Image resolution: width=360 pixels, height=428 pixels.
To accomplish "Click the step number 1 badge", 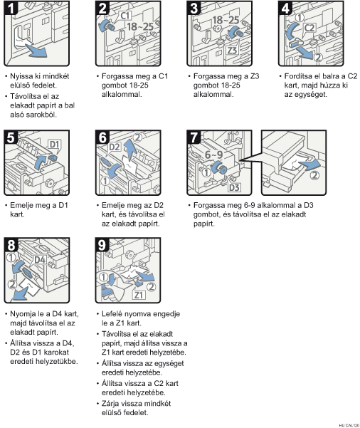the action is coord(11,8).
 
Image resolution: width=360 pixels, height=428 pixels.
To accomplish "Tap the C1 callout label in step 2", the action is coord(125,16).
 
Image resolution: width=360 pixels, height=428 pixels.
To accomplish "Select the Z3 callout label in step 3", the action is coord(232,51).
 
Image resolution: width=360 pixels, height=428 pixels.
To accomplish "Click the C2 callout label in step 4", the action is coord(309,28).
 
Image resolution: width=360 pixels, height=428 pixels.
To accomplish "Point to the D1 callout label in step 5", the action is coord(54,144).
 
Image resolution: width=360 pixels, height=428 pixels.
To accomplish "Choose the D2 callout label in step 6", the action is coord(115,147).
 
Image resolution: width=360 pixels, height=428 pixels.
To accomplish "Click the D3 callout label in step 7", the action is coord(234,187).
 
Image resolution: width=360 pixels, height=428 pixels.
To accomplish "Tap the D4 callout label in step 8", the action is coord(40,259).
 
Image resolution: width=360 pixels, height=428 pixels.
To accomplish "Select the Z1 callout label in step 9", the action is coord(139,295).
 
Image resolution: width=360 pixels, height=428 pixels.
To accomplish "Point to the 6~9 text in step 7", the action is coord(214,155).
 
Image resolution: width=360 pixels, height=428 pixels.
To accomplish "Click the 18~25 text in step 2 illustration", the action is coord(140,26).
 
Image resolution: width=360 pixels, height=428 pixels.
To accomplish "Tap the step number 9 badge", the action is coord(102,244).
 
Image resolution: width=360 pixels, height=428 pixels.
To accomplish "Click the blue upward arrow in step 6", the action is coord(130,149).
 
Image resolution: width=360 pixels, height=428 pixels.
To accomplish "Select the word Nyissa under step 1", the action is coord(19,76).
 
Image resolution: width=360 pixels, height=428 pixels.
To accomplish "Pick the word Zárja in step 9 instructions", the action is coord(110,403).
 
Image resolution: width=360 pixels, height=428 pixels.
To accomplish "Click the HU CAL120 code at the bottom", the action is coord(349,425).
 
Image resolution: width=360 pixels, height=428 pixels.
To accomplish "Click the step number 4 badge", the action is coord(285,8).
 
